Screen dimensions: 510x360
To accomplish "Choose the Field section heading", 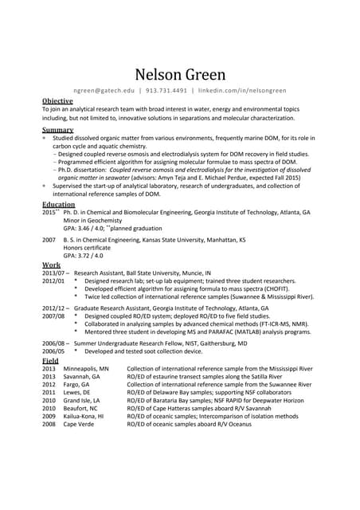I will (50, 361).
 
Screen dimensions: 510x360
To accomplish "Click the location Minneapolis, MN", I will (86, 370).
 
